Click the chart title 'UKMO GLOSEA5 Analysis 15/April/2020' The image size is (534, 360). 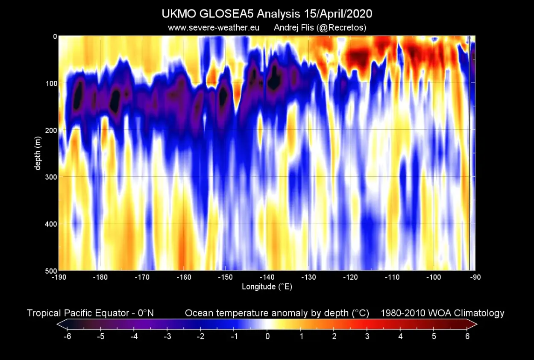(x=267, y=14)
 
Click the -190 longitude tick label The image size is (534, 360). (x=58, y=277)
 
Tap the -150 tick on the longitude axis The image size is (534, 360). (x=225, y=277)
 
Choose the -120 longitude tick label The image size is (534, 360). (x=350, y=277)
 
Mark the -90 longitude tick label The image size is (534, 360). (x=475, y=277)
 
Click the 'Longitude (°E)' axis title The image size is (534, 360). (x=267, y=287)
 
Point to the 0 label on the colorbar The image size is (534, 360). (x=267, y=336)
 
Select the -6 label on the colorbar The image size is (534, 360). (x=67, y=336)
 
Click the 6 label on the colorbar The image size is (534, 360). (x=467, y=336)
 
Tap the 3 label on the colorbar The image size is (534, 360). (x=367, y=336)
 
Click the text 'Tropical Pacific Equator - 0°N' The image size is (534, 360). (x=90, y=313)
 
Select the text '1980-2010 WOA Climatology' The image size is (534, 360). (x=442, y=313)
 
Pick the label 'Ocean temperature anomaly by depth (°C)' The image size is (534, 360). (x=277, y=313)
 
